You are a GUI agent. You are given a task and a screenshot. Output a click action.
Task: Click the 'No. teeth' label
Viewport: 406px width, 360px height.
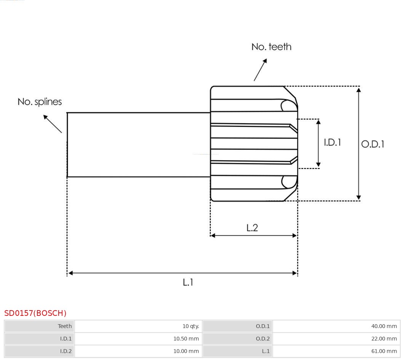[271, 47]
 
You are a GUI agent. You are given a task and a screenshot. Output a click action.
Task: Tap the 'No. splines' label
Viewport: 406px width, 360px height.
[40, 102]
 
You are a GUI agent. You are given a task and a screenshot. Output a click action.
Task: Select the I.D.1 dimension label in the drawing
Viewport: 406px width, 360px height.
[332, 142]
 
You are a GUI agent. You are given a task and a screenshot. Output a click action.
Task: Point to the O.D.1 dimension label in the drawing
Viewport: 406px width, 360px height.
[372, 144]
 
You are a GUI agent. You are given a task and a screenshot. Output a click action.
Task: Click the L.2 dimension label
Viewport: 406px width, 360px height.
[252, 228]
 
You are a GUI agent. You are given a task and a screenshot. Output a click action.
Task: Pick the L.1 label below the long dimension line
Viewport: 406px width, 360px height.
[188, 282]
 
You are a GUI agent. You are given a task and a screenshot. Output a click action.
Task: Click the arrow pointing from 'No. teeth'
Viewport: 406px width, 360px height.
[260, 70]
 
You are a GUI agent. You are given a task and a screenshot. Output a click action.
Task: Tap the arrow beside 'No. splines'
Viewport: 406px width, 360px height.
[52, 124]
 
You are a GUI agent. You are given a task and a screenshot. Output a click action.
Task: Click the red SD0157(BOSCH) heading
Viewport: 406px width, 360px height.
[35, 313]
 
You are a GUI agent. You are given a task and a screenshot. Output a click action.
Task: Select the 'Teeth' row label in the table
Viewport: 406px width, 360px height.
[65, 326]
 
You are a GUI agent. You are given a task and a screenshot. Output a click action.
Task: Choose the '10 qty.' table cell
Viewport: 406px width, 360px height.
[190, 326]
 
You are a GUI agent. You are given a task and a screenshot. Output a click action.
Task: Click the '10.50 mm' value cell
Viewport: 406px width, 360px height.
[186, 339]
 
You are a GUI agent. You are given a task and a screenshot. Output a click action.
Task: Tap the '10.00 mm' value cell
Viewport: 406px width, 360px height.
[186, 351]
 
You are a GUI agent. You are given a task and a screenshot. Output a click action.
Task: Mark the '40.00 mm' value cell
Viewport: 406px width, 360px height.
[384, 326]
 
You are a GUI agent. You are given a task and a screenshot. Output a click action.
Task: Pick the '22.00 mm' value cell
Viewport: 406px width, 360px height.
[384, 339]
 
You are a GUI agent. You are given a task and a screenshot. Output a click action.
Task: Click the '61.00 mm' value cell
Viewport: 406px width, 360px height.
[384, 351]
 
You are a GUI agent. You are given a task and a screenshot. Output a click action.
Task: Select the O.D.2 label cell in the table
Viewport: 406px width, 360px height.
[262, 339]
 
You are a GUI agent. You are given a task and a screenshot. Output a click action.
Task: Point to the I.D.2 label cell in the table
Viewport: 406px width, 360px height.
[66, 351]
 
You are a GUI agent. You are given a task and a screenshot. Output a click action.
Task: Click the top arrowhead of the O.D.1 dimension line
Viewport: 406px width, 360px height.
[358, 90]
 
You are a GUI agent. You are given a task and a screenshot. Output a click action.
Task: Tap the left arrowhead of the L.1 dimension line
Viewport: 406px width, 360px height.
[70, 273]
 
